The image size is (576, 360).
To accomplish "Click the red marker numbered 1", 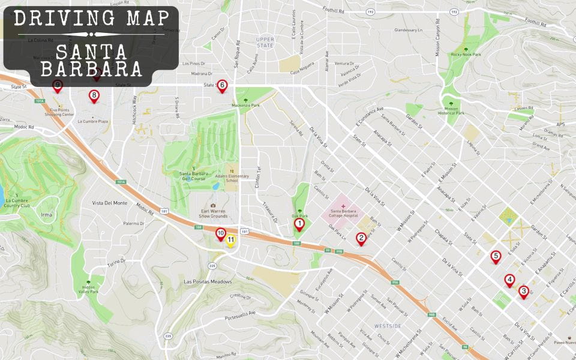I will click(x=299, y=224).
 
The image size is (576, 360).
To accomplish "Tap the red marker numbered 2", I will click(x=361, y=238).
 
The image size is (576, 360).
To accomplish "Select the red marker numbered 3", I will click(x=523, y=292).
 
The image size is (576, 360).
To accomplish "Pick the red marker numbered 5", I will click(x=495, y=256).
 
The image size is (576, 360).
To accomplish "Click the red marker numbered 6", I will click(x=222, y=86).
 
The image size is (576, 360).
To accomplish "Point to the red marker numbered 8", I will click(x=94, y=95).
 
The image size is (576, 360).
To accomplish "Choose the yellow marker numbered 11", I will click(x=230, y=241).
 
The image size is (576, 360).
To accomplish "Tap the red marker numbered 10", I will click(x=220, y=233).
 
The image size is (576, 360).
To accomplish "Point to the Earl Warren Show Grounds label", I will click(x=214, y=214).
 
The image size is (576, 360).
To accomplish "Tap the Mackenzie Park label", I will click(x=245, y=105).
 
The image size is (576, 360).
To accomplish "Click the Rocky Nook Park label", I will click(x=466, y=55).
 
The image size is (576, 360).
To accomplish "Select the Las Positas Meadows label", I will click(x=208, y=282).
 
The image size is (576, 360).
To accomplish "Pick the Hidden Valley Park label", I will click(x=89, y=289).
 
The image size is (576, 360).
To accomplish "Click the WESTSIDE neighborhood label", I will click(x=388, y=326).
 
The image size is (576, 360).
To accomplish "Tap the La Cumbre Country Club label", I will click(x=16, y=202).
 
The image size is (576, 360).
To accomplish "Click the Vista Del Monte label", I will click(x=110, y=203).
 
